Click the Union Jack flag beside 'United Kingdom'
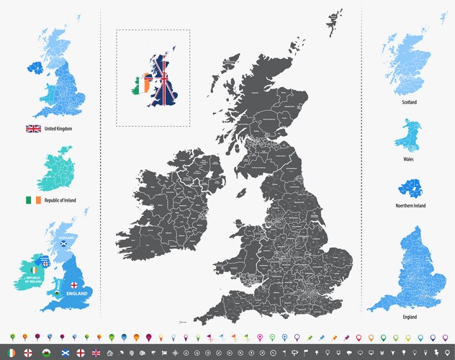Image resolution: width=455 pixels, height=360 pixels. coord(33,129)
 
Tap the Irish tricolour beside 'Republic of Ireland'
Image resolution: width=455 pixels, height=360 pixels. coord(33,199)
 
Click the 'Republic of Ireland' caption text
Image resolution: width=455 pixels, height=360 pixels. coord(61,200)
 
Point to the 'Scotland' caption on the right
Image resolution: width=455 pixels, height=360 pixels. coord(409,103)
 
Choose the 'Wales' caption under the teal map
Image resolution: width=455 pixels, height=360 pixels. coord(408,159)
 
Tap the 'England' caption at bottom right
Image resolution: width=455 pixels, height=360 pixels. coord(409,317)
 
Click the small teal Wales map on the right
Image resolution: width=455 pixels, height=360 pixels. coord(407,134)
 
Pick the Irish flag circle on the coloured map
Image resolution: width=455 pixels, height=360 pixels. coord(33,269)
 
